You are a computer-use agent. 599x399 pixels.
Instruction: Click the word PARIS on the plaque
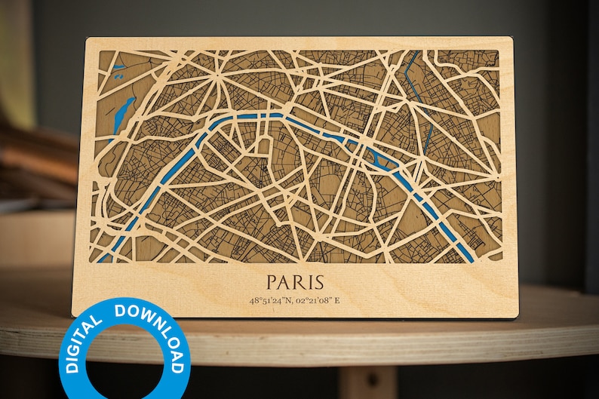[295, 283]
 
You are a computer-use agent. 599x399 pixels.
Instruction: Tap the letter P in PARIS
[273, 283]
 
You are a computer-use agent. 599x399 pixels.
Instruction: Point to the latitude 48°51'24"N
[272, 300]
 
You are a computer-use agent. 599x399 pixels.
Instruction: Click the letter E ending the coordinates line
[337, 300]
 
